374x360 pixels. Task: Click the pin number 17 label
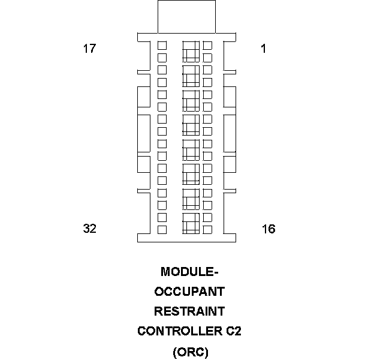89,49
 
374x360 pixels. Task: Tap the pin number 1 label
263,49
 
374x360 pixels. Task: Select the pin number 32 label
89,229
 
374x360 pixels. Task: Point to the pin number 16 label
269,229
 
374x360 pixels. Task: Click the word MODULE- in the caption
189,272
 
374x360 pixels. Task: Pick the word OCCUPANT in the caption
189,292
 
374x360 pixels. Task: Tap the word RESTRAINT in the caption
189,311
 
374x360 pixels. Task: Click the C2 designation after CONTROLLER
234,331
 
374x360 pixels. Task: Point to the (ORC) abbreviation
190,352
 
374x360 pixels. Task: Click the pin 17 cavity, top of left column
162,46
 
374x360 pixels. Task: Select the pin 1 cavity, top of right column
207,46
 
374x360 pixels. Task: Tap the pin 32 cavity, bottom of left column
162,229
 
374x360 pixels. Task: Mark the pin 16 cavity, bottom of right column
207,229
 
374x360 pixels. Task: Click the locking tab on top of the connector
186,17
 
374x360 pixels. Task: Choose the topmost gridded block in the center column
191,51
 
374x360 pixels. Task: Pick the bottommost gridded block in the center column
191,223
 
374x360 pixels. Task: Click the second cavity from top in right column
207,58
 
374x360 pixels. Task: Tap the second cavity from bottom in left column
162,217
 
